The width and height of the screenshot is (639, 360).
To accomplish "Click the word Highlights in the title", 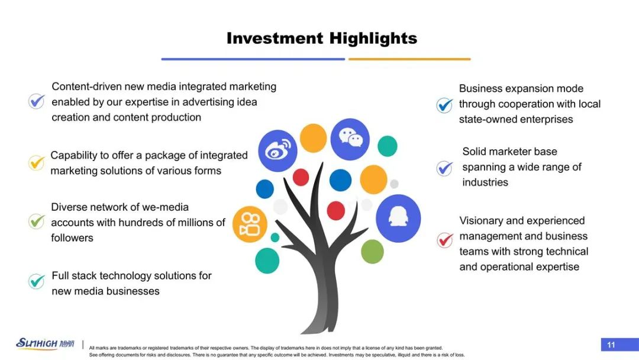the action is click(x=373, y=38).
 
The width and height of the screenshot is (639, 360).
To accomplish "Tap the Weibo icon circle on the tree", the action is click(x=277, y=151).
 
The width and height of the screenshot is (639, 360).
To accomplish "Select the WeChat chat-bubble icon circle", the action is click(x=350, y=139).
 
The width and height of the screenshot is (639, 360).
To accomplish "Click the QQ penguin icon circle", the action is click(x=398, y=218).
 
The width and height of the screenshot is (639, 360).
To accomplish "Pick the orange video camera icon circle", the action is click(x=250, y=224).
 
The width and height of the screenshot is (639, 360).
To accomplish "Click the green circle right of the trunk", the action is click(x=372, y=252).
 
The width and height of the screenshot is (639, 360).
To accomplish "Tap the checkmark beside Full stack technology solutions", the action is click(x=36, y=281).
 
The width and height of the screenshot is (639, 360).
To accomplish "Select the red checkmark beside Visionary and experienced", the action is click(x=445, y=240).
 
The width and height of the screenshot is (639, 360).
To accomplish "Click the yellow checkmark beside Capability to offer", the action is click(x=36, y=163).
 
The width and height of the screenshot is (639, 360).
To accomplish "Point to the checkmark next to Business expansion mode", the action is click(x=444, y=105).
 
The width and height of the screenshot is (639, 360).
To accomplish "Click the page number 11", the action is click(x=611, y=345).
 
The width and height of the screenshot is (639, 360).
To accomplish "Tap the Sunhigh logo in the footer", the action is click(x=45, y=343).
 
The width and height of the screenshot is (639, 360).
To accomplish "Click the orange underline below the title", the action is click(x=409, y=59).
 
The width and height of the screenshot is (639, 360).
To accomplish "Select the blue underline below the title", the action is click(x=253, y=59).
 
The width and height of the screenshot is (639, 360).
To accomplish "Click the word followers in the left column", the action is click(x=72, y=237).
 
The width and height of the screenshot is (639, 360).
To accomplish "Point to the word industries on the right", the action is click(x=485, y=182).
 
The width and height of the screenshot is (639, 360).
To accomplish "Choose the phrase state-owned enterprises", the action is click(x=516, y=120).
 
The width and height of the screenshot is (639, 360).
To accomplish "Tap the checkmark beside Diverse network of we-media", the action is click(x=36, y=221).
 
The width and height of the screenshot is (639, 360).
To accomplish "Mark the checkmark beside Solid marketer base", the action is click(x=444, y=168).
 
